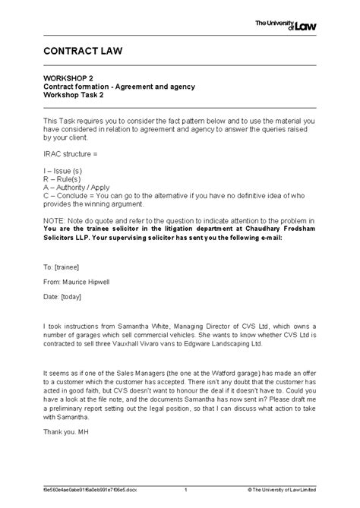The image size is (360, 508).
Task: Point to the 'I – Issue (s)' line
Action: [x=65, y=172]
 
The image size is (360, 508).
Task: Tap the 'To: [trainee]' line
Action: [x=62, y=268]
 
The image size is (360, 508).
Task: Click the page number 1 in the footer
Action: [x=185, y=491]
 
